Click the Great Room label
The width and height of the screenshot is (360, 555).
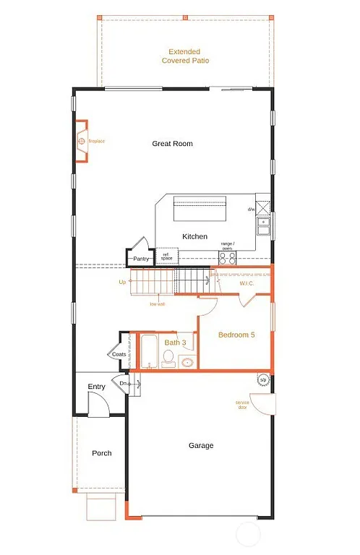pos(172,144)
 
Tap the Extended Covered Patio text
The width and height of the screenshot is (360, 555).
pos(185,56)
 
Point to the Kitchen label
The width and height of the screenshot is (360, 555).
pos(194,236)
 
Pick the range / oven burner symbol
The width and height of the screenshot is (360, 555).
pos(228,257)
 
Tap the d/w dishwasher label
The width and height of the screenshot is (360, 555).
pos(251,210)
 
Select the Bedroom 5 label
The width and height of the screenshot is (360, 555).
pos(236,335)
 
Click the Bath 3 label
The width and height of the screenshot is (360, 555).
pos(175,343)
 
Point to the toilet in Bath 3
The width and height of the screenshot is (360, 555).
pos(168,358)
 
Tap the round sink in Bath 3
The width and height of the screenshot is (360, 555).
pos(187,362)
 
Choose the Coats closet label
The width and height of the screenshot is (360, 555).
pos(119,354)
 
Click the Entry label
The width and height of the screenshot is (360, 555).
pos(97,387)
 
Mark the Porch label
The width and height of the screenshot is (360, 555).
pos(102,453)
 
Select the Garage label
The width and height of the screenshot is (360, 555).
pos(201,446)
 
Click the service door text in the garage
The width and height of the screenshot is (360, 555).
pos(241,404)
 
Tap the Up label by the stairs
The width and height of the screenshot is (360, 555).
pos(122,282)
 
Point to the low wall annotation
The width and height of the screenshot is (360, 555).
pos(158,304)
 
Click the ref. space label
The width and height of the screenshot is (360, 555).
pos(166,256)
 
